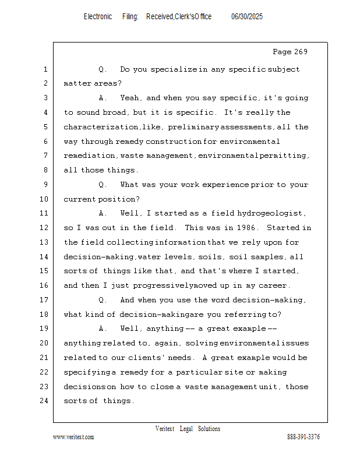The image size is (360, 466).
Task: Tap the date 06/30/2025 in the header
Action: [x=247, y=17]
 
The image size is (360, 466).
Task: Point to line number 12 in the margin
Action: [x=44, y=228]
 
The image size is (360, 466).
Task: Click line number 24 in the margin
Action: [x=44, y=401]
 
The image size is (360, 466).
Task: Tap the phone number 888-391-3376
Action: [x=303, y=437]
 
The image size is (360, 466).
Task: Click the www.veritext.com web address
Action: [x=73, y=437]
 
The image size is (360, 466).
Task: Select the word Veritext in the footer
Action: [x=165, y=429]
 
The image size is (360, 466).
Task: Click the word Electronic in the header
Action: [x=98, y=17]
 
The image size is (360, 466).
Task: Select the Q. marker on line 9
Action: [x=103, y=185]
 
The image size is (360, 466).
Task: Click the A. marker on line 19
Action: [x=103, y=329]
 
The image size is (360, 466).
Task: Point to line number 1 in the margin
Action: [x=45, y=69]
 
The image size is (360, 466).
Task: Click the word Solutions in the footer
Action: [x=209, y=429]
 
